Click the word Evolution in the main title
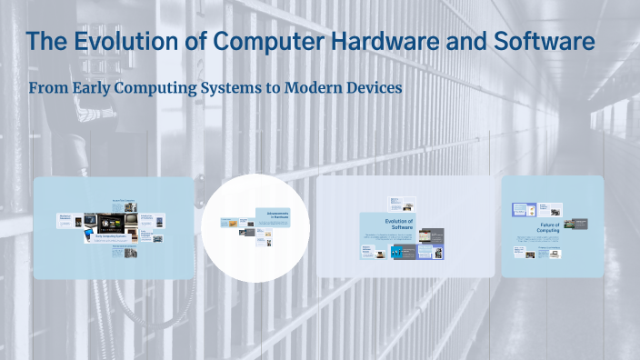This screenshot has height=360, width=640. (115, 41)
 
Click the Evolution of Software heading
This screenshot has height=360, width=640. (399, 224)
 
